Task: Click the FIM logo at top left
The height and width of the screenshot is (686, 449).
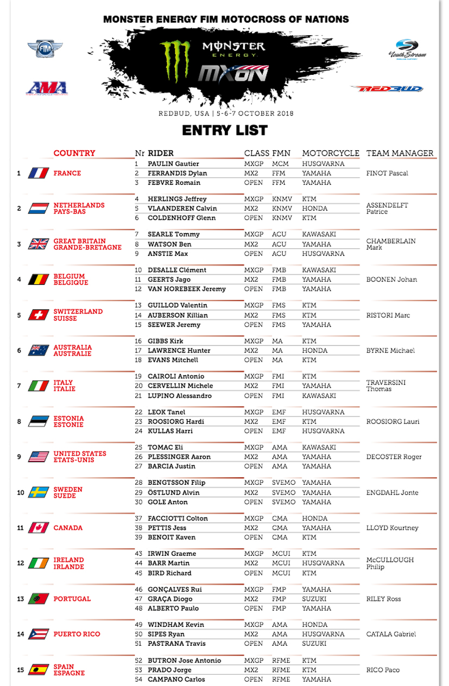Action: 45,49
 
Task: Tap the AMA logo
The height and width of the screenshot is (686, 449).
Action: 47,88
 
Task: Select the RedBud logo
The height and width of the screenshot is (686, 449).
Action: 387,88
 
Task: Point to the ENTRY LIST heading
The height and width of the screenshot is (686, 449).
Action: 225,131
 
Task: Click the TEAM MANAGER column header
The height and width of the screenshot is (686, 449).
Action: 400,153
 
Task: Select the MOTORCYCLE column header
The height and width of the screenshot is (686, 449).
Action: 331,153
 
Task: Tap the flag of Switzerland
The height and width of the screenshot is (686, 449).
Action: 38,315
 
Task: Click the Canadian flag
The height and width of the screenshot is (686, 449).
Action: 38,528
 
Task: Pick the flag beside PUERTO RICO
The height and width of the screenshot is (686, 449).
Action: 38,634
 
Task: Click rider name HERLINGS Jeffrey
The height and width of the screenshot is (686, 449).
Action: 177,199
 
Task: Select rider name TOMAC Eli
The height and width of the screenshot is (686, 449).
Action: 166,447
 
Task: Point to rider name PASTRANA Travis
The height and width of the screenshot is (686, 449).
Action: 176,644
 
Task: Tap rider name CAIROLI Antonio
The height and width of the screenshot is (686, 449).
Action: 176,376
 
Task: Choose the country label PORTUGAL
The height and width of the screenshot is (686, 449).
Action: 72,599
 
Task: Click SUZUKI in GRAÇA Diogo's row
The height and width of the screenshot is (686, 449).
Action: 314,599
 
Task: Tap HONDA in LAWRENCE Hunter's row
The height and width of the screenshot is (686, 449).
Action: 315,351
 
